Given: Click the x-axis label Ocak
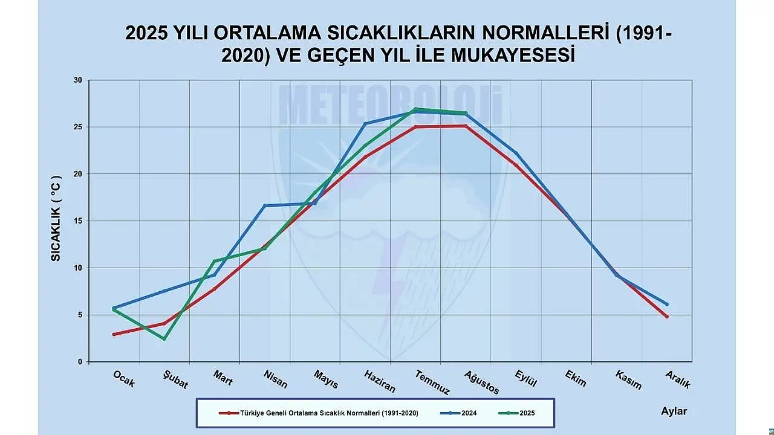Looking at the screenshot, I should click(124, 379).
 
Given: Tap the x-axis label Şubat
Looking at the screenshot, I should click(175, 381).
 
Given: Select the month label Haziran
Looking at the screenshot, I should click(380, 381).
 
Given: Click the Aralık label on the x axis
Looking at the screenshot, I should click(677, 379).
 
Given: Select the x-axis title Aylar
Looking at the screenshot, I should click(674, 411).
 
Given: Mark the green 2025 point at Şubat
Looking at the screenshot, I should click(164, 339).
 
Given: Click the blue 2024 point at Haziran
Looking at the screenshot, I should click(365, 123).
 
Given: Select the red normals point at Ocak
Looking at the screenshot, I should click(114, 334).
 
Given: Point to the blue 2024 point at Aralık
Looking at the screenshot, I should click(667, 304).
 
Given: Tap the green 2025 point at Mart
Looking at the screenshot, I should click(214, 261).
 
